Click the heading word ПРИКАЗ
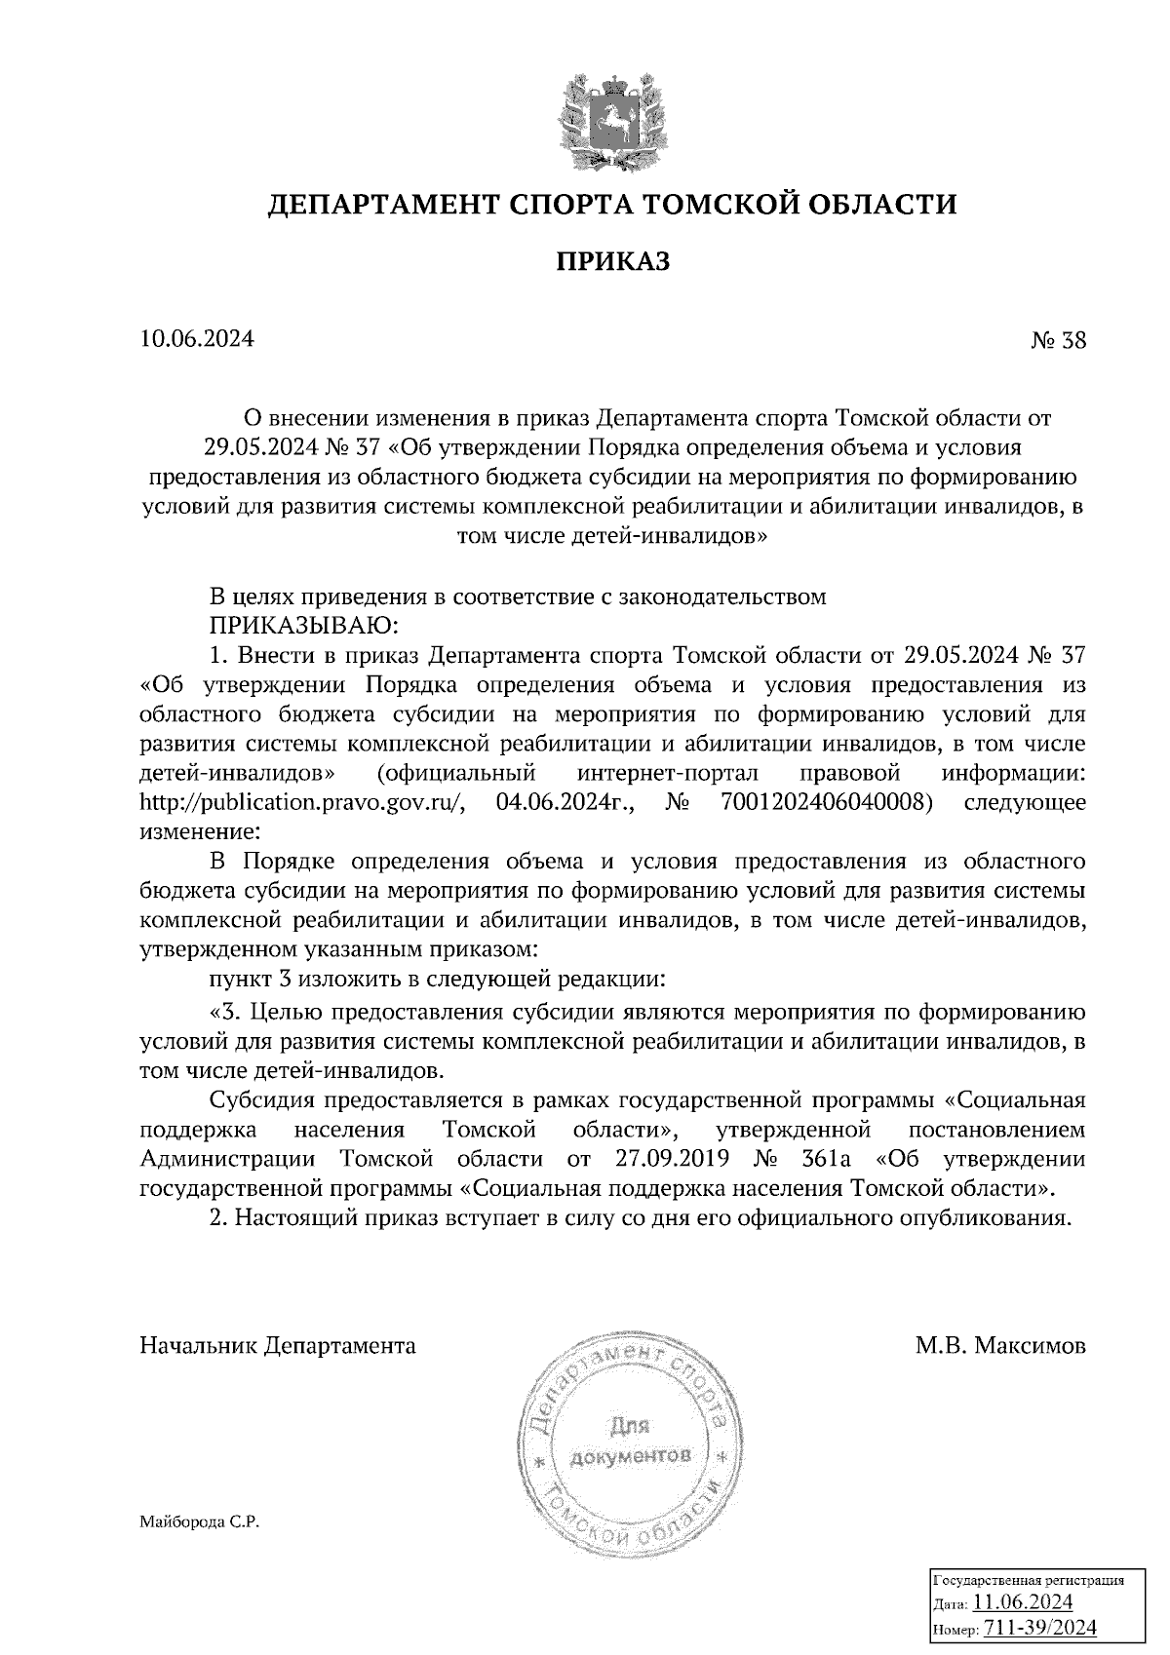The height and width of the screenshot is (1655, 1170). pos(613,261)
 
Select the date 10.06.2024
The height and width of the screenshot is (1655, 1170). pos(197,339)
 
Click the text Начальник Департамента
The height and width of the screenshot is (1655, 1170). pos(278,1346)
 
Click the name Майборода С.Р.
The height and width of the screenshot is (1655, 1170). pos(199,1521)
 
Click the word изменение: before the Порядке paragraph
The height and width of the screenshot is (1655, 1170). pos(200,833)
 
